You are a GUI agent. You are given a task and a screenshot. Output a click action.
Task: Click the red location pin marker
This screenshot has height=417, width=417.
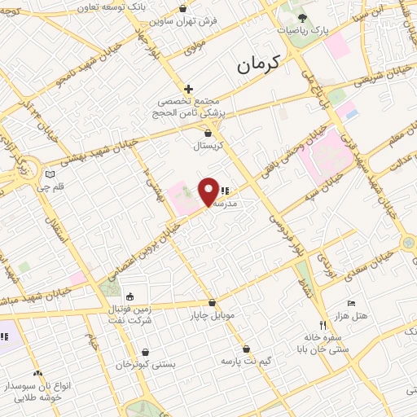tap(208, 191)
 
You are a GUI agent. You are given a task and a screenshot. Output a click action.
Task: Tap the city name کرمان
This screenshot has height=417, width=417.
tap(259, 64)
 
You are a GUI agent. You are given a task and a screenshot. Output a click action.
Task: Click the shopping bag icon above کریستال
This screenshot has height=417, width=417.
tap(208, 133)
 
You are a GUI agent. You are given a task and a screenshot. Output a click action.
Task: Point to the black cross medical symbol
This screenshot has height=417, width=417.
tap(189, 89)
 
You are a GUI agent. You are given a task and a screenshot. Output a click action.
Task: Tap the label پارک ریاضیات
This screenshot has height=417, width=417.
tap(301, 30)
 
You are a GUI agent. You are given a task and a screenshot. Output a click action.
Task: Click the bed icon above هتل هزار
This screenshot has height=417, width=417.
tap(352, 303)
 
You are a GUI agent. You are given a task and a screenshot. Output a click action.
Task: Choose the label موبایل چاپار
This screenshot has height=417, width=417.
tap(212, 315)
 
